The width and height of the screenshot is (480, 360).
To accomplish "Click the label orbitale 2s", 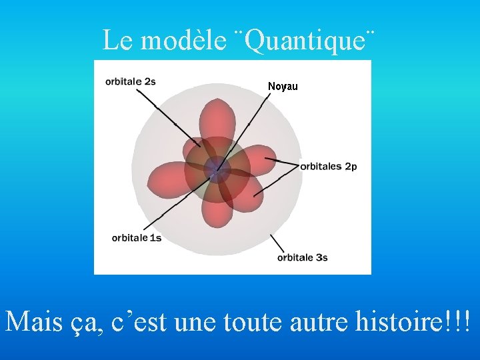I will click(130, 81).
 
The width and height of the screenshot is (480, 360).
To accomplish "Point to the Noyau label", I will click(283, 87).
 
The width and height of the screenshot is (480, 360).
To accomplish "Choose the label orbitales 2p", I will click(328, 166).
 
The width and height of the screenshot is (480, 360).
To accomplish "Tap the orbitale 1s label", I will click(136, 237).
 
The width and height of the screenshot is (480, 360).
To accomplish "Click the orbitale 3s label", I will click(302, 257).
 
